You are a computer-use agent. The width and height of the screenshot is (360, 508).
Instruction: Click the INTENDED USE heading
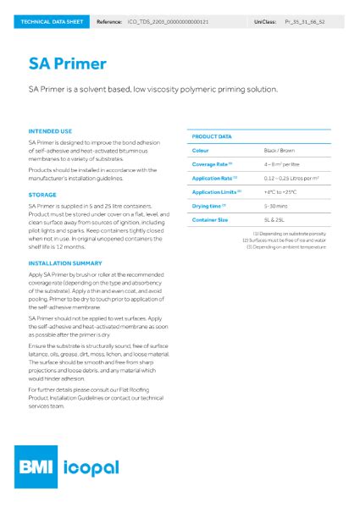50,131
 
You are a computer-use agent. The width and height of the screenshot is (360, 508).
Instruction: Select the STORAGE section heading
42,195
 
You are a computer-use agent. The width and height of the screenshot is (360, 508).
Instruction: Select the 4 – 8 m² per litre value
283,163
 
